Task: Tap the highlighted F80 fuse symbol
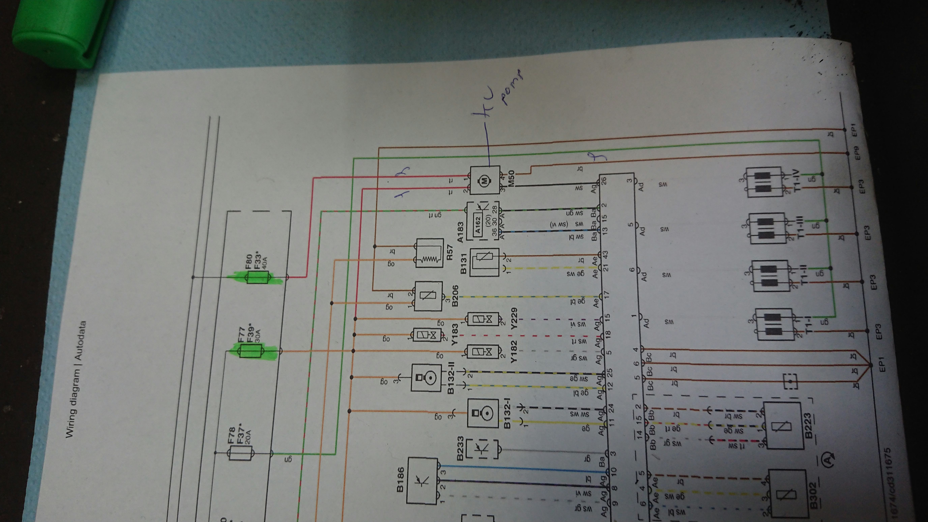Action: click(257, 277)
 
